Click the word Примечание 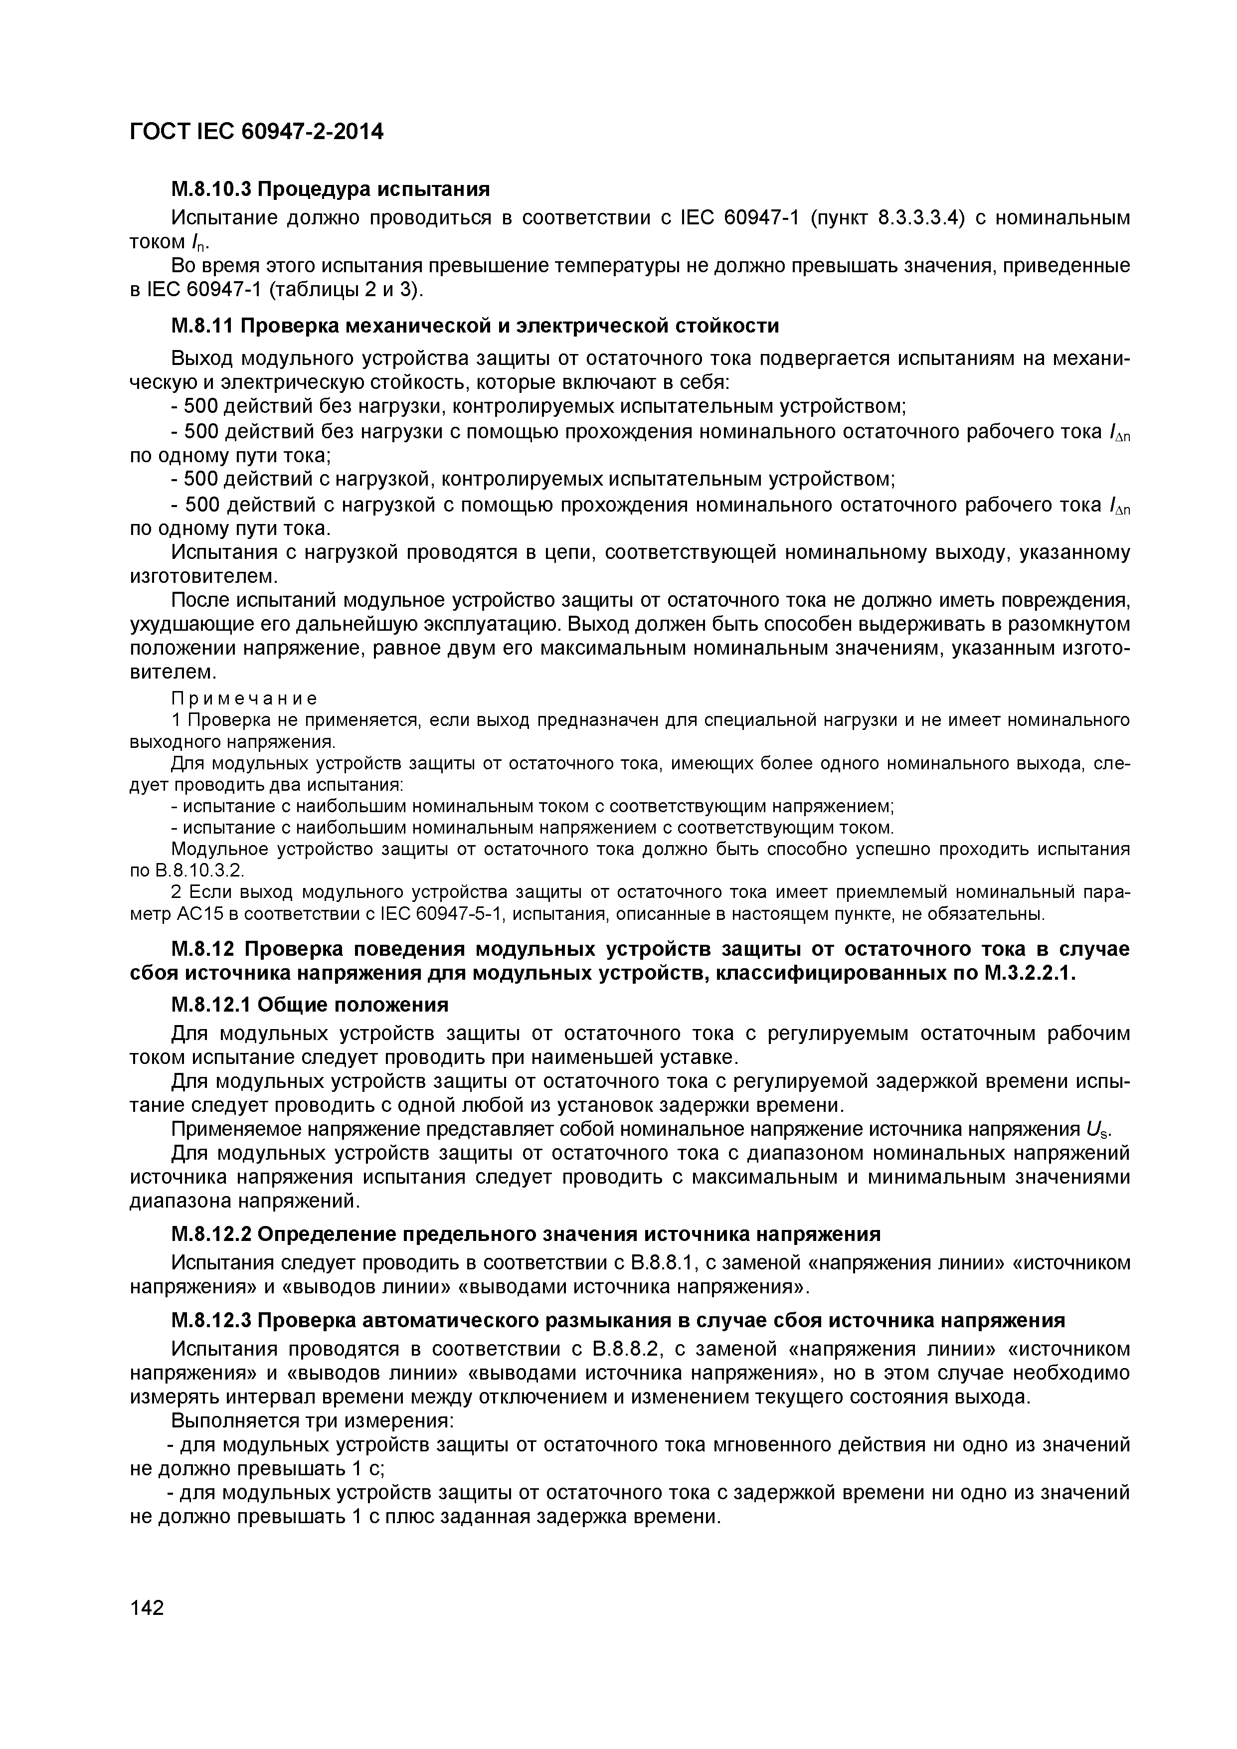click(244, 698)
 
